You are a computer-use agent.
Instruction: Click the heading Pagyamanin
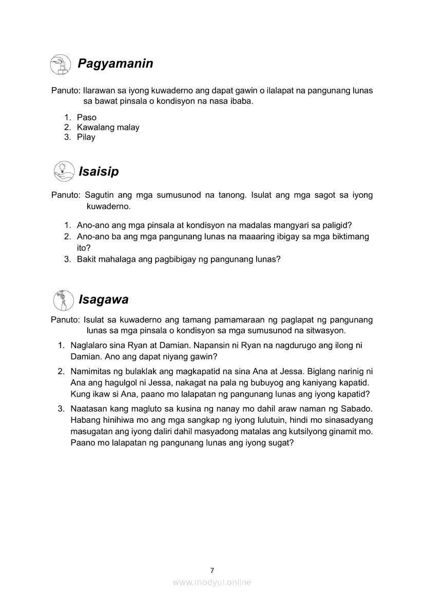115,64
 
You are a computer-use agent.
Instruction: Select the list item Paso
87,118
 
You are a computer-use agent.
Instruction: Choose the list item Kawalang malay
108,127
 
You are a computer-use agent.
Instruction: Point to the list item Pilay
86,137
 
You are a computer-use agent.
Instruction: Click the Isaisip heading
98,171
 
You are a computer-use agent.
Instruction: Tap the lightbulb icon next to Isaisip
63,171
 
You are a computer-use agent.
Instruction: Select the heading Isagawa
103,299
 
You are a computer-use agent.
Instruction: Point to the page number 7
212,570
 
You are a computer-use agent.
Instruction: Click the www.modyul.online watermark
212,582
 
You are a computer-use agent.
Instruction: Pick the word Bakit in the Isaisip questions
87,259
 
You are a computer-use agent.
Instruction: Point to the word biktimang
349,237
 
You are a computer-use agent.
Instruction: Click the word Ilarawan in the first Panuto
100,90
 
